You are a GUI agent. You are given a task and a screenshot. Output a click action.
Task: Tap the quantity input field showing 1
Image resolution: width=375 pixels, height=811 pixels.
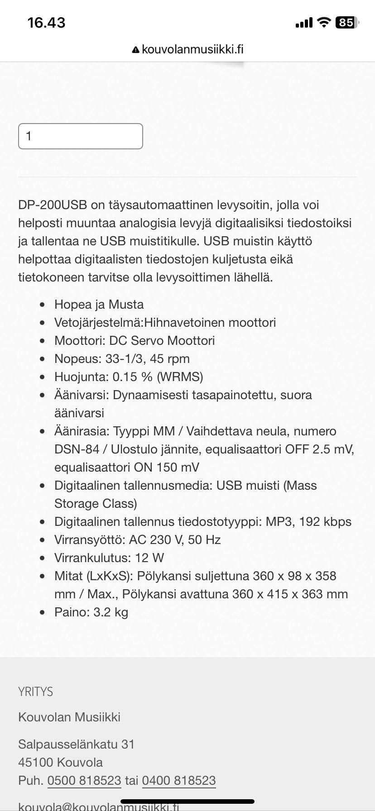click(x=81, y=136)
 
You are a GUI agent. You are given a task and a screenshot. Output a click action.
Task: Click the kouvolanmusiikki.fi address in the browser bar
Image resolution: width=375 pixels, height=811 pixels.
click(x=192, y=49)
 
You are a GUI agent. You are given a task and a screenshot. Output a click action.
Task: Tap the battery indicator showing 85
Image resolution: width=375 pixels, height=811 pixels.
click(x=346, y=22)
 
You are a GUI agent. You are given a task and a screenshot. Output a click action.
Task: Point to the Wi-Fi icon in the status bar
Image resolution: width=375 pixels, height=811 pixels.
click(x=324, y=22)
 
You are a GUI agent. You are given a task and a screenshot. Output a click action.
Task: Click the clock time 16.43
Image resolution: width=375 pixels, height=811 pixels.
click(x=46, y=22)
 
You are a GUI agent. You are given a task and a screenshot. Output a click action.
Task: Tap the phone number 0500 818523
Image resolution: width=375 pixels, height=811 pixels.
click(x=84, y=780)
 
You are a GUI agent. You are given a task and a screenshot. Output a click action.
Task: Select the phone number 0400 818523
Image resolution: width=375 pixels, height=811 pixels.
click(x=179, y=780)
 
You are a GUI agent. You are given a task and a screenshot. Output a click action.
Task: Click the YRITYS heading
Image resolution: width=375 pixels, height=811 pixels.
click(x=36, y=692)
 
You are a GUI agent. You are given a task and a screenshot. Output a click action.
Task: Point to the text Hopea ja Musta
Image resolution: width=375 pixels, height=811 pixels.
click(x=99, y=304)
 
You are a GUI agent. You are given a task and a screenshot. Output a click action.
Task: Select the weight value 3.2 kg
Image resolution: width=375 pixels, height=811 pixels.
click(x=111, y=612)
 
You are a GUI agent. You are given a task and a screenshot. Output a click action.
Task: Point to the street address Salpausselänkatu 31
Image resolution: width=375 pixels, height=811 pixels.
click(x=76, y=744)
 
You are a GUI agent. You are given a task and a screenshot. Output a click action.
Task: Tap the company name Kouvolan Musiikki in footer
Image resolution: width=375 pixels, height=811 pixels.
click(x=69, y=717)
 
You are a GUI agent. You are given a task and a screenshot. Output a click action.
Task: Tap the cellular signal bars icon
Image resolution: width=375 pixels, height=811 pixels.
click(x=303, y=22)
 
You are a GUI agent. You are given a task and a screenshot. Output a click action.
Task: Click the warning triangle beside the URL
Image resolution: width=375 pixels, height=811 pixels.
click(x=136, y=50)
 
